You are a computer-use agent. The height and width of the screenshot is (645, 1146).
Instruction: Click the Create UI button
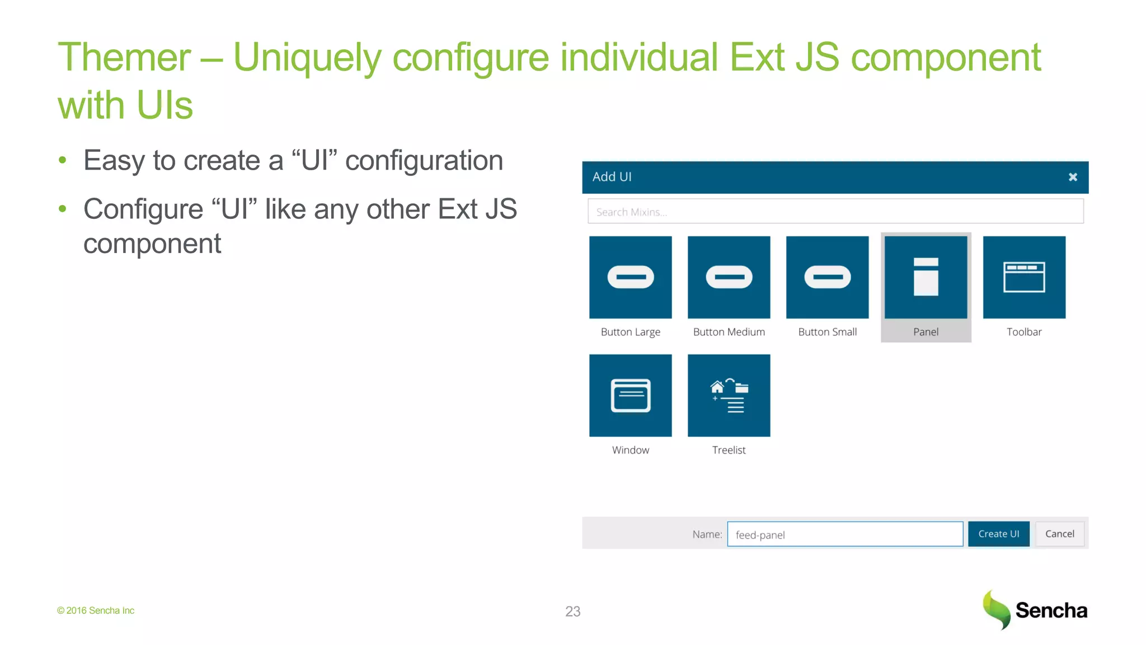tap(998, 534)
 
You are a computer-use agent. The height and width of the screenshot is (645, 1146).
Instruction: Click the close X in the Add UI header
tap(1072, 177)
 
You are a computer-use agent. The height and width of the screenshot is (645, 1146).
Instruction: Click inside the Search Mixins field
tap(835, 212)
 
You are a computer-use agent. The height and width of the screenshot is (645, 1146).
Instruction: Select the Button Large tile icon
tap(630, 277)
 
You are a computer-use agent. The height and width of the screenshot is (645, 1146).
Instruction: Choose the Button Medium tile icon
tap(729, 277)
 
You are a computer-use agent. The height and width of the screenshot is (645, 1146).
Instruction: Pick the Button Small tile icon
tap(827, 277)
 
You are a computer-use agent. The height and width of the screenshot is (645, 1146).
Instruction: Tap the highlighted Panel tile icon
tap(926, 277)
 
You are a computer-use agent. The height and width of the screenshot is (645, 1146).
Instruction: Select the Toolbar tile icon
tap(1024, 277)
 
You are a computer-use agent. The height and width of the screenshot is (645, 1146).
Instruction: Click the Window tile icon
tap(630, 395)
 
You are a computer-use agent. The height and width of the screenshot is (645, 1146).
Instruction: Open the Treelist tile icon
tap(729, 395)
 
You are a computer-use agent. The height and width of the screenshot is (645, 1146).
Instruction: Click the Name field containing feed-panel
tap(845, 534)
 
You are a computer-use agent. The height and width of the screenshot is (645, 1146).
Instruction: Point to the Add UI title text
tap(612, 177)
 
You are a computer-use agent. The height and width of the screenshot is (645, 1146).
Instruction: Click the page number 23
tap(572, 611)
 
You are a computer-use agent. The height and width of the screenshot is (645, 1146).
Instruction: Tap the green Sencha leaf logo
tap(997, 610)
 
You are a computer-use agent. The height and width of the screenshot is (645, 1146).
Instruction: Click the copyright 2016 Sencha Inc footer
tap(96, 610)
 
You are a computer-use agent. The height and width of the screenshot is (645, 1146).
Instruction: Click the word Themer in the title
tap(124, 58)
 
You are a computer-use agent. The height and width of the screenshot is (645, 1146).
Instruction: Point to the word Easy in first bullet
tap(114, 161)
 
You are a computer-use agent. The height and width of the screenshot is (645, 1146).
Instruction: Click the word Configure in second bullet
tap(143, 209)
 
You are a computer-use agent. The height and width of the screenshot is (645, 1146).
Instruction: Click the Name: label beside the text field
tap(707, 534)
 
